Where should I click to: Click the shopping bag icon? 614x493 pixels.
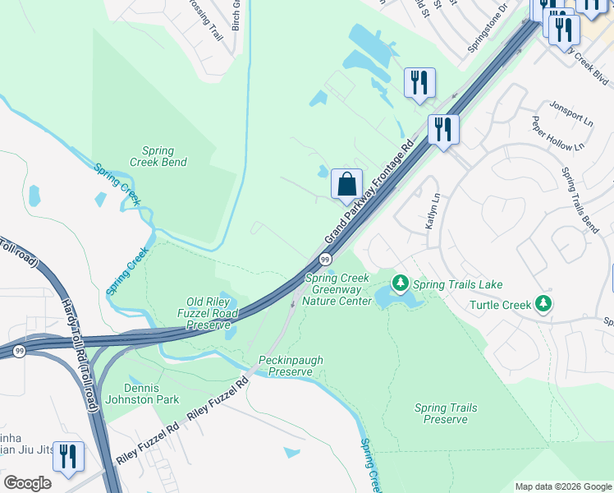(x=347, y=184)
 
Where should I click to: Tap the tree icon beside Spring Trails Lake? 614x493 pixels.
(x=401, y=284)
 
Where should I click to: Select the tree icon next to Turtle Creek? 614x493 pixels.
(x=543, y=305)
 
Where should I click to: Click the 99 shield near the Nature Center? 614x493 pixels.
(x=325, y=260)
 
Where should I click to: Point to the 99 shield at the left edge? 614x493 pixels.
(x=18, y=351)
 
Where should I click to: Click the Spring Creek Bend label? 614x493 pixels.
(x=158, y=156)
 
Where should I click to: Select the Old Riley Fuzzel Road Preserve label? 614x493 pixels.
(x=208, y=313)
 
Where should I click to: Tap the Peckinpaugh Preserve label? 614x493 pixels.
(x=286, y=366)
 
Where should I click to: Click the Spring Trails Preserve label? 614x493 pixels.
(x=446, y=413)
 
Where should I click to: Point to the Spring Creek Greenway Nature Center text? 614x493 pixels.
(x=338, y=290)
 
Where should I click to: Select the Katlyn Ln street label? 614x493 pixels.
(x=432, y=210)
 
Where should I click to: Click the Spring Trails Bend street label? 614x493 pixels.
(x=580, y=199)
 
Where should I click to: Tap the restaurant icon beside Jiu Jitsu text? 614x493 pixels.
(x=68, y=456)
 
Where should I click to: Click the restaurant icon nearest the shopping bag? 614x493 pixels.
(x=442, y=129)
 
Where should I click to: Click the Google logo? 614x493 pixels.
(x=27, y=483)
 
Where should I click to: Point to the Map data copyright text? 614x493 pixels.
(x=562, y=486)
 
